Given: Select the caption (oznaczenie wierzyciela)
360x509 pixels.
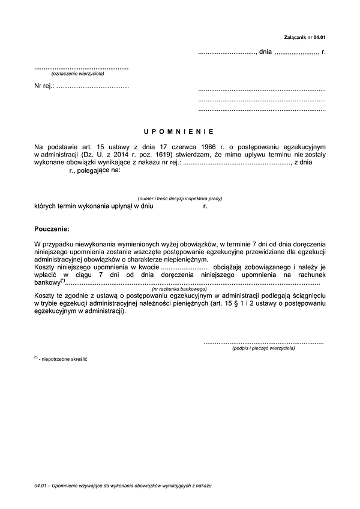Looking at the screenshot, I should coord(78,74).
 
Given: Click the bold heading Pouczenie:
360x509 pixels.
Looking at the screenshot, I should coord(52,228).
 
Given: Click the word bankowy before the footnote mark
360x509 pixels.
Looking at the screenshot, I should coord(47,282).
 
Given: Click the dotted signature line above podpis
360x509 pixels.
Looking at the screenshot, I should coord(263,341).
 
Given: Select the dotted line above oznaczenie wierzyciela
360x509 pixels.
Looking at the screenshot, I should coord(81,68).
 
